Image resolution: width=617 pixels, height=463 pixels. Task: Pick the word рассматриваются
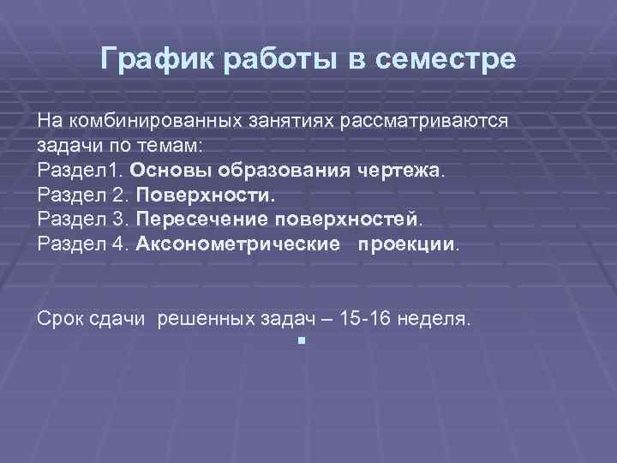[424, 120]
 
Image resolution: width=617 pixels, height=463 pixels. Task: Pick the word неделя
[440, 319]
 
